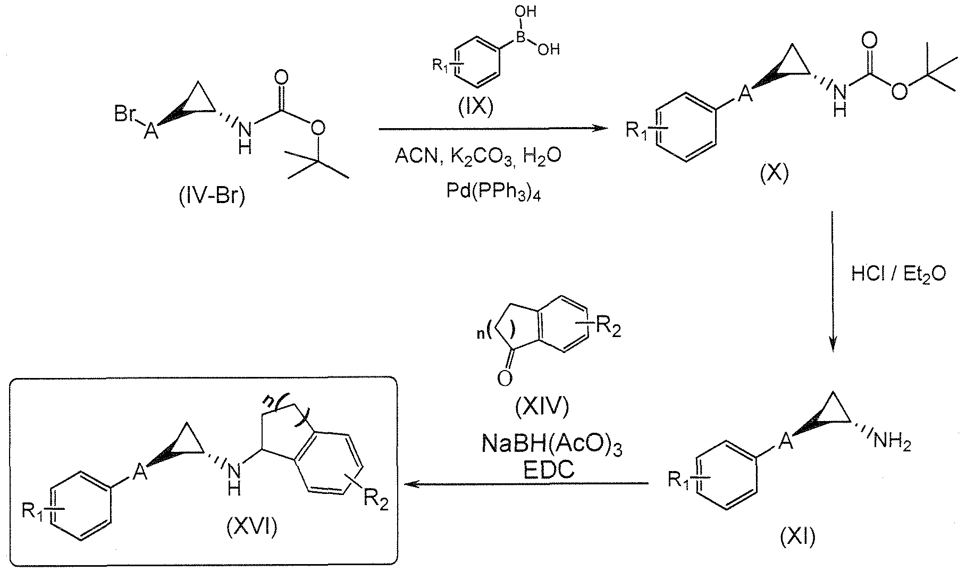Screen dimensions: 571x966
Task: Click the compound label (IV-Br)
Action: [x=211, y=197]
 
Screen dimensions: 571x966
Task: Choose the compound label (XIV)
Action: [x=542, y=407]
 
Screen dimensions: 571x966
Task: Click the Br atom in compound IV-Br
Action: [x=125, y=115]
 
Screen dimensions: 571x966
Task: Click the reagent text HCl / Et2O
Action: [x=898, y=274]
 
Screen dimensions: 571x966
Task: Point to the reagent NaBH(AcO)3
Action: [x=551, y=443]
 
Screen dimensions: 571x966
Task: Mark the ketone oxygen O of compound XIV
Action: [x=505, y=379]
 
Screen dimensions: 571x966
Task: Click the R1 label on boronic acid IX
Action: [x=442, y=67]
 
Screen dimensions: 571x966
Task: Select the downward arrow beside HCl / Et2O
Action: [x=831, y=282]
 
